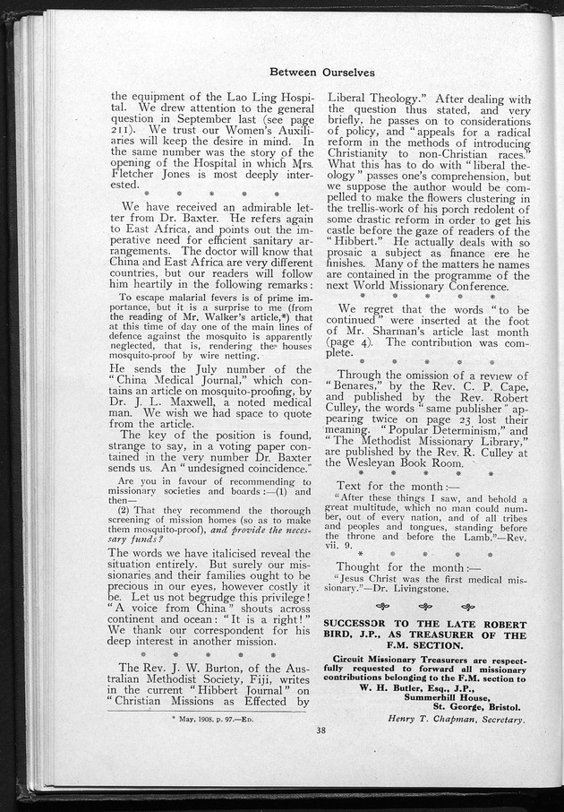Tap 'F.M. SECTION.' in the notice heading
[424, 645]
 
